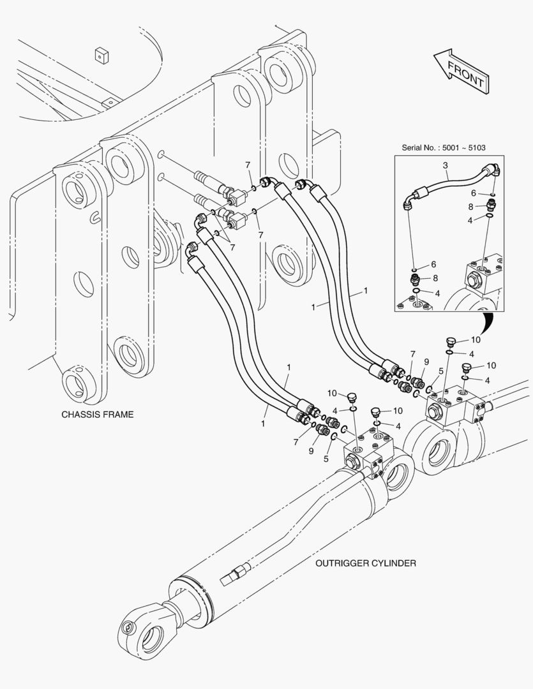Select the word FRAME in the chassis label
coord(119,414)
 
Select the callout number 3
coord(445,165)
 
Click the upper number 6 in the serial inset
coord(491,193)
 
